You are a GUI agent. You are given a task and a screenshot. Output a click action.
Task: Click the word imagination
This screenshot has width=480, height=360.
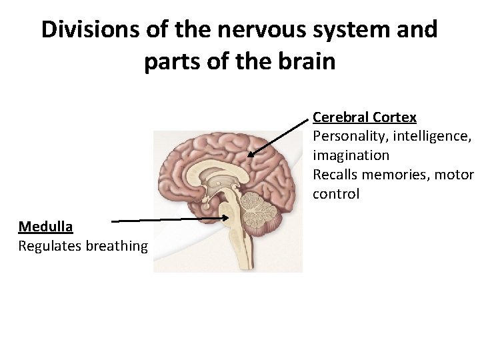click(x=351, y=155)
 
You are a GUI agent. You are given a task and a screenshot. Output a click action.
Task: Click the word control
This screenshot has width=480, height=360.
click(x=336, y=194)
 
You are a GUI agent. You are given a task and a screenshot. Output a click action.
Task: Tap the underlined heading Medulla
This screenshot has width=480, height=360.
click(x=45, y=227)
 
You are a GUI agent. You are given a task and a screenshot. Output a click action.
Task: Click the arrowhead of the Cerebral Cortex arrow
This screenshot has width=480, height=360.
click(x=251, y=155)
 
